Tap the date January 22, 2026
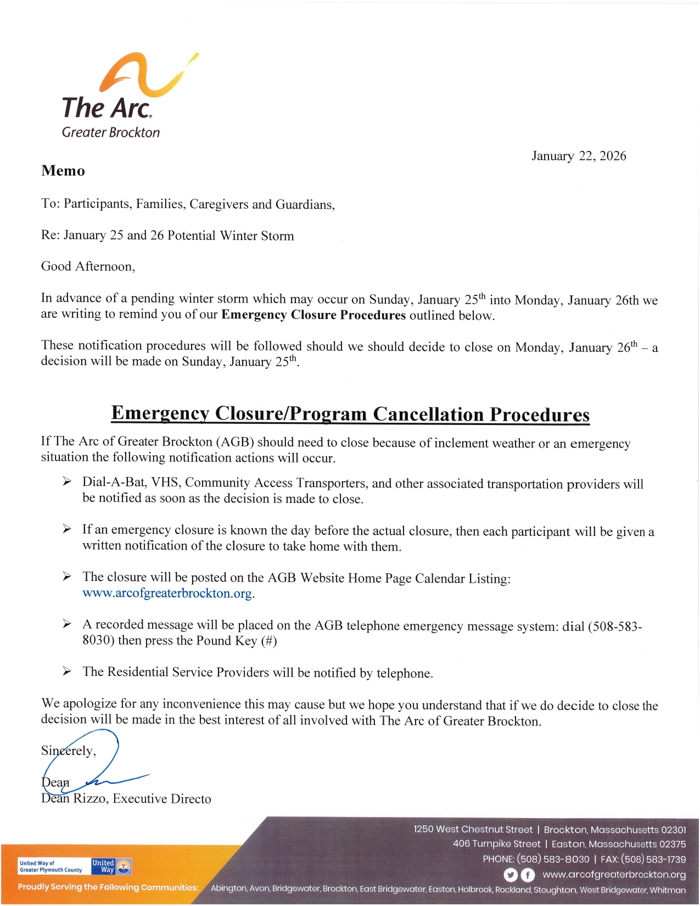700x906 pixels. (579, 156)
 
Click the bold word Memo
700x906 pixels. (63, 171)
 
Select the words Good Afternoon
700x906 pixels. (87, 267)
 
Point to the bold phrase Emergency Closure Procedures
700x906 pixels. (313, 315)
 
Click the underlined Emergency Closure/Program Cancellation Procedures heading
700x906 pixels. (350, 414)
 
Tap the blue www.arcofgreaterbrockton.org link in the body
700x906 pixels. (167, 594)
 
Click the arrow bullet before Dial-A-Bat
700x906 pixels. (67, 482)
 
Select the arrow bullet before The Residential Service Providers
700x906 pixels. (67, 672)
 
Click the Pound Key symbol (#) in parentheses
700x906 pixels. (269, 641)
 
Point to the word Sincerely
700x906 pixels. (68, 751)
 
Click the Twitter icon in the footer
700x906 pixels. (511, 875)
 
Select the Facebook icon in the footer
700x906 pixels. (528, 875)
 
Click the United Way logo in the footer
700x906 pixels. (111, 866)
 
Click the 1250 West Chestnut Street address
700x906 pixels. (473, 830)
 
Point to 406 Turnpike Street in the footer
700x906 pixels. (496, 844)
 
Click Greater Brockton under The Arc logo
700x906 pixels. (111, 132)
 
